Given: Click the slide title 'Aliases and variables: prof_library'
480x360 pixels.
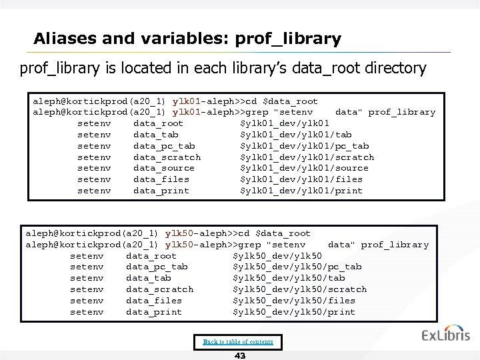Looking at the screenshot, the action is [x=187, y=39].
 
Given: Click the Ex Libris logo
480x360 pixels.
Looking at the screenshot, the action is [x=445, y=335].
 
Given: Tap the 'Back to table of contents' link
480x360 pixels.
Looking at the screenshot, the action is [x=238, y=342].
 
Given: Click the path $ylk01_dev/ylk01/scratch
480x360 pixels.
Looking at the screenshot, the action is [x=307, y=157].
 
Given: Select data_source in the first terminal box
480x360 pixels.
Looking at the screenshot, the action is [x=164, y=168].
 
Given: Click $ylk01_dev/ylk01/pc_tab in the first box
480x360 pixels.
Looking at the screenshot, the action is [x=304, y=146].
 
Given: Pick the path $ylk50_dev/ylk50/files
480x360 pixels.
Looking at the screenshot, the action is [x=293, y=300].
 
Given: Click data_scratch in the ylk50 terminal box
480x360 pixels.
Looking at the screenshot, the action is [x=159, y=289].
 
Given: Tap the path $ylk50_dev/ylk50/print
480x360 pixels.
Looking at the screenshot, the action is [x=293, y=311].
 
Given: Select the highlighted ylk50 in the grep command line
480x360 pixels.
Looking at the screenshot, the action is [x=179, y=245].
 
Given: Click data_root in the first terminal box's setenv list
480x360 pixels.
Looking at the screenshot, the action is [x=158, y=123].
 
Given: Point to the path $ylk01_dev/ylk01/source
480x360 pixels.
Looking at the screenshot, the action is [x=304, y=168].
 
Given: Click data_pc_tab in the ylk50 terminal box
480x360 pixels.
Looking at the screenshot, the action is [x=157, y=267].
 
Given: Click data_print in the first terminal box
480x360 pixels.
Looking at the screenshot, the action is [x=161, y=191].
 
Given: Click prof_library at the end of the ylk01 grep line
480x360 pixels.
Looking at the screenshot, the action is [x=401, y=113].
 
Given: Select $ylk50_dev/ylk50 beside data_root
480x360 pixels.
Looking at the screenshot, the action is [x=277, y=256].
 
